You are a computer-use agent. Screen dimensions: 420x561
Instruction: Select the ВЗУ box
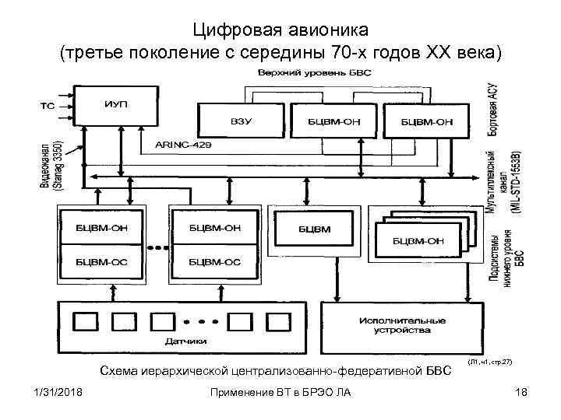(x=240, y=121)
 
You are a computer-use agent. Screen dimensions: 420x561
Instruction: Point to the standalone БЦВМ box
(x=314, y=229)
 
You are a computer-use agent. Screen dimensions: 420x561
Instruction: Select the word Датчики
(x=186, y=340)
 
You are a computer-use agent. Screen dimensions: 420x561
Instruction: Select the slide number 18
(x=521, y=392)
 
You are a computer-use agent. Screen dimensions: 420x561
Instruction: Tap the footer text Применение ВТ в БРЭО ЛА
(x=280, y=392)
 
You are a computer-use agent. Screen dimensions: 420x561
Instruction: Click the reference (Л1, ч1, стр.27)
(x=489, y=363)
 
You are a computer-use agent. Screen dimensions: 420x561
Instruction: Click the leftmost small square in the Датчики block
(x=83, y=320)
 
